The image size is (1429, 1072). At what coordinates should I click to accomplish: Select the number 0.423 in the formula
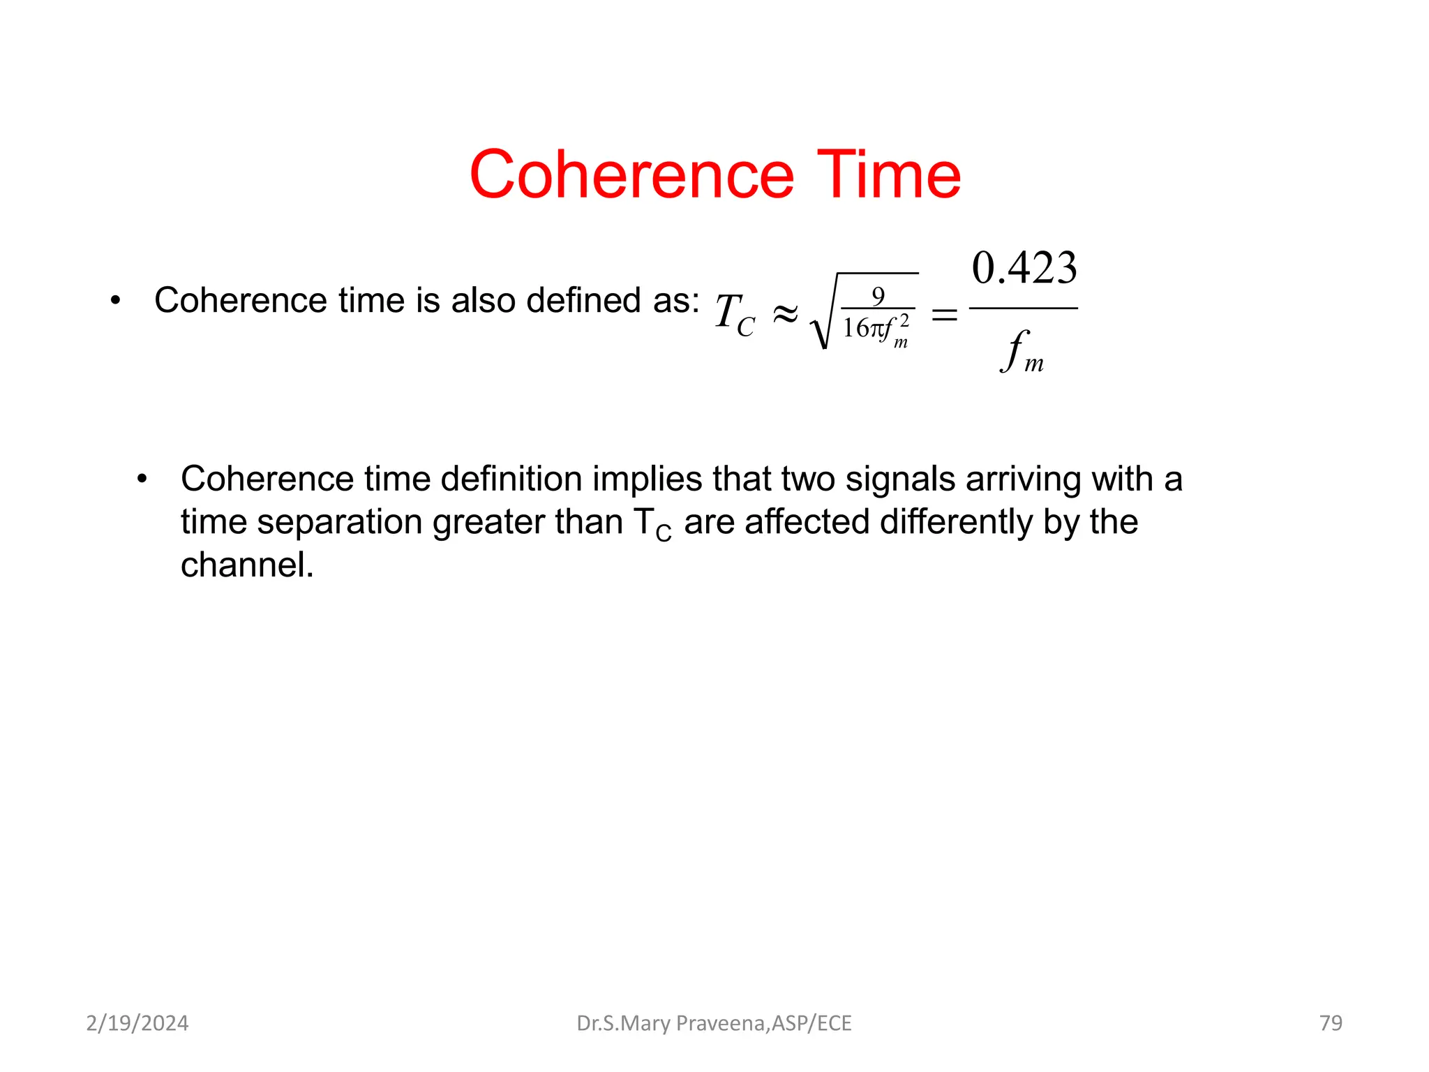click(x=1024, y=268)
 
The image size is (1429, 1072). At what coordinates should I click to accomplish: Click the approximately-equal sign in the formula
click(x=785, y=314)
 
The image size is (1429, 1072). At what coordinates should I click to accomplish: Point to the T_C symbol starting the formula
click(x=735, y=314)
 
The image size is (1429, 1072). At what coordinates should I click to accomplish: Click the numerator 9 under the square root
click(x=878, y=296)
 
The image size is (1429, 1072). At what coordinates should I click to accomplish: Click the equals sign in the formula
click(x=945, y=315)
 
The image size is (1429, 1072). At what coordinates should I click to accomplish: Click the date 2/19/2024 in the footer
click(x=137, y=1023)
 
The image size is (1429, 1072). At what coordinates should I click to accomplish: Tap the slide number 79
click(x=1331, y=1023)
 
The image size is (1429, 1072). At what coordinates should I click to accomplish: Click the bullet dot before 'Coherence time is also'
click(x=115, y=301)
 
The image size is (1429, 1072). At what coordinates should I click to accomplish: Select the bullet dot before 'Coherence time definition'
click(x=142, y=479)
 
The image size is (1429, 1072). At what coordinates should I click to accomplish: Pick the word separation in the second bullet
click(x=338, y=523)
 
